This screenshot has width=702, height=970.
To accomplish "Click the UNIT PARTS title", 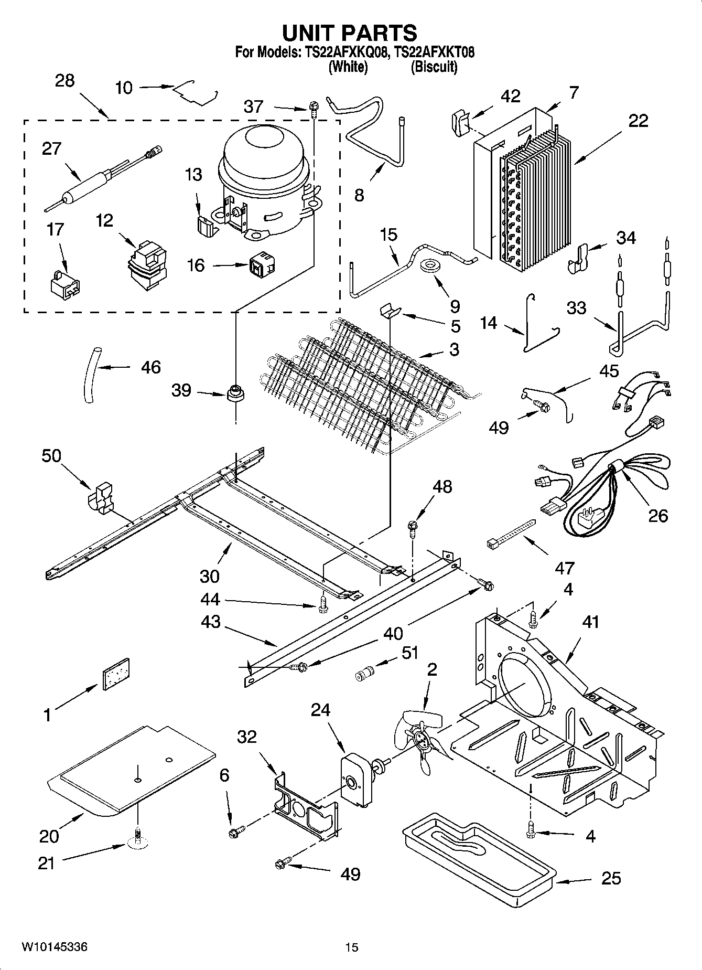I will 350,33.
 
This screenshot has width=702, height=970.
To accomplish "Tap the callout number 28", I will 64,81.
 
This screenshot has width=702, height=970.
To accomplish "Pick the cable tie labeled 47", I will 511,534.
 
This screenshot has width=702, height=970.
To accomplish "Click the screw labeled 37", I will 314,108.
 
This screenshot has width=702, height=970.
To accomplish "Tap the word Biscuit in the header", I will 434,67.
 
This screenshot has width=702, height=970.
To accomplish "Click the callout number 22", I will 638,121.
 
